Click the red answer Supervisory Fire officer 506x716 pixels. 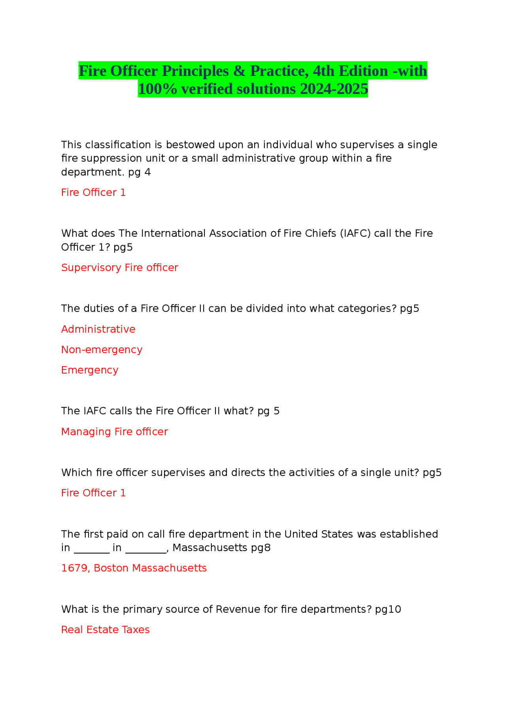(119, 268)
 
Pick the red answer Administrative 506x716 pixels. (98, 329)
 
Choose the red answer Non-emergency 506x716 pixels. (102, 350)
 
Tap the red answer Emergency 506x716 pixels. (90, 370)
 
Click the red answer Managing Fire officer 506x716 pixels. (114, 432)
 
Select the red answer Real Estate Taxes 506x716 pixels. (105, 630)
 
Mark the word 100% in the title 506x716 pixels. (157, 89)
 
